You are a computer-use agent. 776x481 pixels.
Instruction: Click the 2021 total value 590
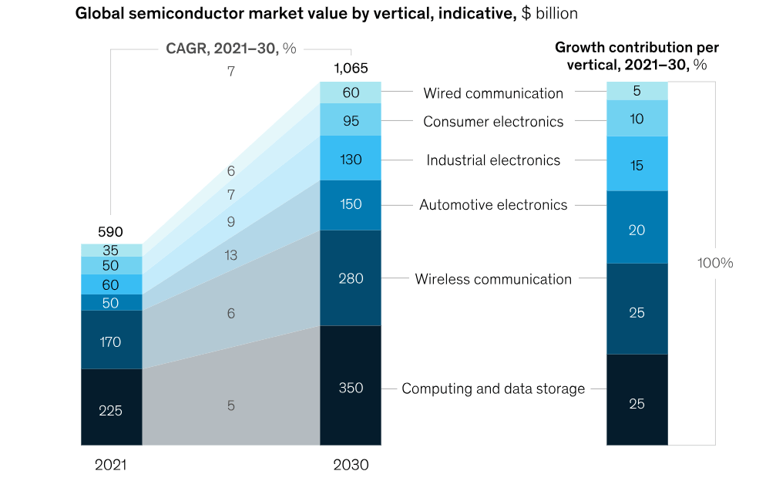[110, 232]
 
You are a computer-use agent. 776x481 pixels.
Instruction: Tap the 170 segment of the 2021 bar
[111, 341]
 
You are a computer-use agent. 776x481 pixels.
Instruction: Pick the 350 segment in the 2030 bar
[350, 388]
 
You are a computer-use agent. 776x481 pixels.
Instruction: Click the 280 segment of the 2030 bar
[350, 278]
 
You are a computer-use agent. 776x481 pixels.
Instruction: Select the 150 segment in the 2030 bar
[350, 204]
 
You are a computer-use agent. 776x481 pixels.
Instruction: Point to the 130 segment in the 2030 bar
[350, 158]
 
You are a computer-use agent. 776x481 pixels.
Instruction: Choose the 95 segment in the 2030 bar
[350, 121]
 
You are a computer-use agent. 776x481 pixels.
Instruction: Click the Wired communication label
[493, 93]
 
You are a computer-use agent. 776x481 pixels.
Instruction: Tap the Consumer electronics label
[493, 122]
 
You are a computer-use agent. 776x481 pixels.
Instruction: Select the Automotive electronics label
[493, 205]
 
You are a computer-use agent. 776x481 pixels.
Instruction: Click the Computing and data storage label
[493, 388]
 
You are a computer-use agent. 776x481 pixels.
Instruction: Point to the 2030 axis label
[351, 466]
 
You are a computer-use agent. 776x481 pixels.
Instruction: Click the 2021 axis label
[111, 466]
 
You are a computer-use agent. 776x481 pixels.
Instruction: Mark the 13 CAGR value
[231, 255]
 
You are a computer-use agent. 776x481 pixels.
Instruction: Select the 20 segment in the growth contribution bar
[637, 230]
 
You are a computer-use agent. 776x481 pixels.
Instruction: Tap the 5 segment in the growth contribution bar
[637, 91]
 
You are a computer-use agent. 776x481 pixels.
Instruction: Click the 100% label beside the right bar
[715, 263]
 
